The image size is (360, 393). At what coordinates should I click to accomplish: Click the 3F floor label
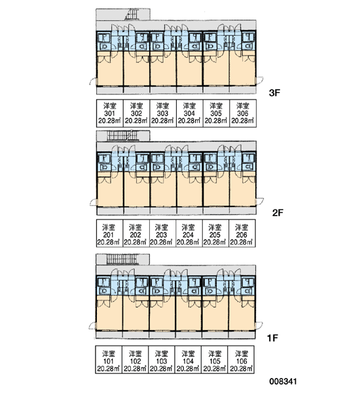[x=274, y=93]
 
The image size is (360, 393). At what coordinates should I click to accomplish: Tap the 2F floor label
[x=278, y=213]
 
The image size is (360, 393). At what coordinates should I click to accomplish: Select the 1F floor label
[x=272, y=338]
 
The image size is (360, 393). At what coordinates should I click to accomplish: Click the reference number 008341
[x=283, y=381]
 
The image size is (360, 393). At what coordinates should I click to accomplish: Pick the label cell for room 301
[x=110, y=113]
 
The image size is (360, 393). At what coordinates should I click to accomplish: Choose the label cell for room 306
[x=243, y=113]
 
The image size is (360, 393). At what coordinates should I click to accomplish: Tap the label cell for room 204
[x=189, y=233]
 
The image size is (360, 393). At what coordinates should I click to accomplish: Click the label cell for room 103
[x=162, y=360]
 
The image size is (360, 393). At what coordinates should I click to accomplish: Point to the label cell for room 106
[x=241, y=360]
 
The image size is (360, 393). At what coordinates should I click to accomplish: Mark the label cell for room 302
[x=136, y=113]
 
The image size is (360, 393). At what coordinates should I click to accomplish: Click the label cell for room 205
[x=215, y=233]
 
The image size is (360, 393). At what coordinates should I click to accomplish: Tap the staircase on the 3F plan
[x=132, y=14]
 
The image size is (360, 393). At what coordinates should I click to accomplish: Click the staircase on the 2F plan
[x=122, y=136]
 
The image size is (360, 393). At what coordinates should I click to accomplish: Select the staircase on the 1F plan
[x=122, y=259]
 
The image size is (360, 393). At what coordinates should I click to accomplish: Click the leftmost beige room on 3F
[x=110, y=69]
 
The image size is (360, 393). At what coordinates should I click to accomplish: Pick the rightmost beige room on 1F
[x=242, y=313]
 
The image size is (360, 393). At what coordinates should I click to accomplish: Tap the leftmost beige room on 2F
[x=110, y=190]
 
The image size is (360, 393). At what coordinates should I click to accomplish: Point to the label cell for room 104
[x=188, y=360]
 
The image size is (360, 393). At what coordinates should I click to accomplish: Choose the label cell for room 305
[x=216, y=113]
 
